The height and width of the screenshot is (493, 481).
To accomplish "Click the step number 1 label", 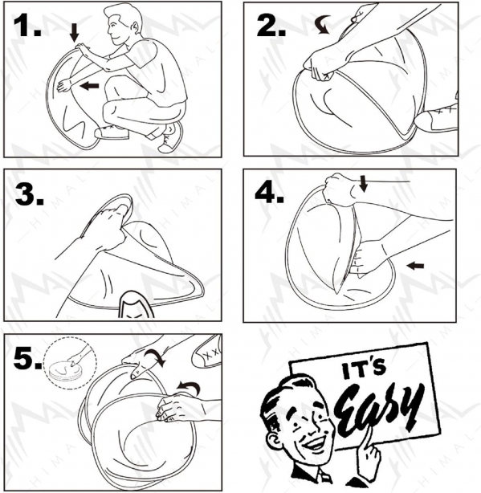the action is point(27,26).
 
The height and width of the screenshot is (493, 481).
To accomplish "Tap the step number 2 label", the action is point(271,26).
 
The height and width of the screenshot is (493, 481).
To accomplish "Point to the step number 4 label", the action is point(270,193).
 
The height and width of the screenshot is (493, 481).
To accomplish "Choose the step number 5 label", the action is point(27,358).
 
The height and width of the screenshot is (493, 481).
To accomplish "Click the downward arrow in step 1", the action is point(74,33).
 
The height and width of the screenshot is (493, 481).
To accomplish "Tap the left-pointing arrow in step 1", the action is point(89,85).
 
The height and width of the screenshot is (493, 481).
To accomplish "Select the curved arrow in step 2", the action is point(322,26).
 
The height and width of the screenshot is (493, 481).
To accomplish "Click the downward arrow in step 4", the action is point(363,184).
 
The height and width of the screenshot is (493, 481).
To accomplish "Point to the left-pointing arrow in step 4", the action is point(415,266).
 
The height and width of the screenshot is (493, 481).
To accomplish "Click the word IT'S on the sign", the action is point(364,369).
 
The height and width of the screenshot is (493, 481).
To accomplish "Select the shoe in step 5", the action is point(206,352).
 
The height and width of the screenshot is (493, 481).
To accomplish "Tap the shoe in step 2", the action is point(436,119).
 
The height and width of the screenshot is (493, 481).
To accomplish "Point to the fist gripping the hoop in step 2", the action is point(320,67).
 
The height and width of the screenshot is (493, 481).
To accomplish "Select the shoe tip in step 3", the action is point(137,304).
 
